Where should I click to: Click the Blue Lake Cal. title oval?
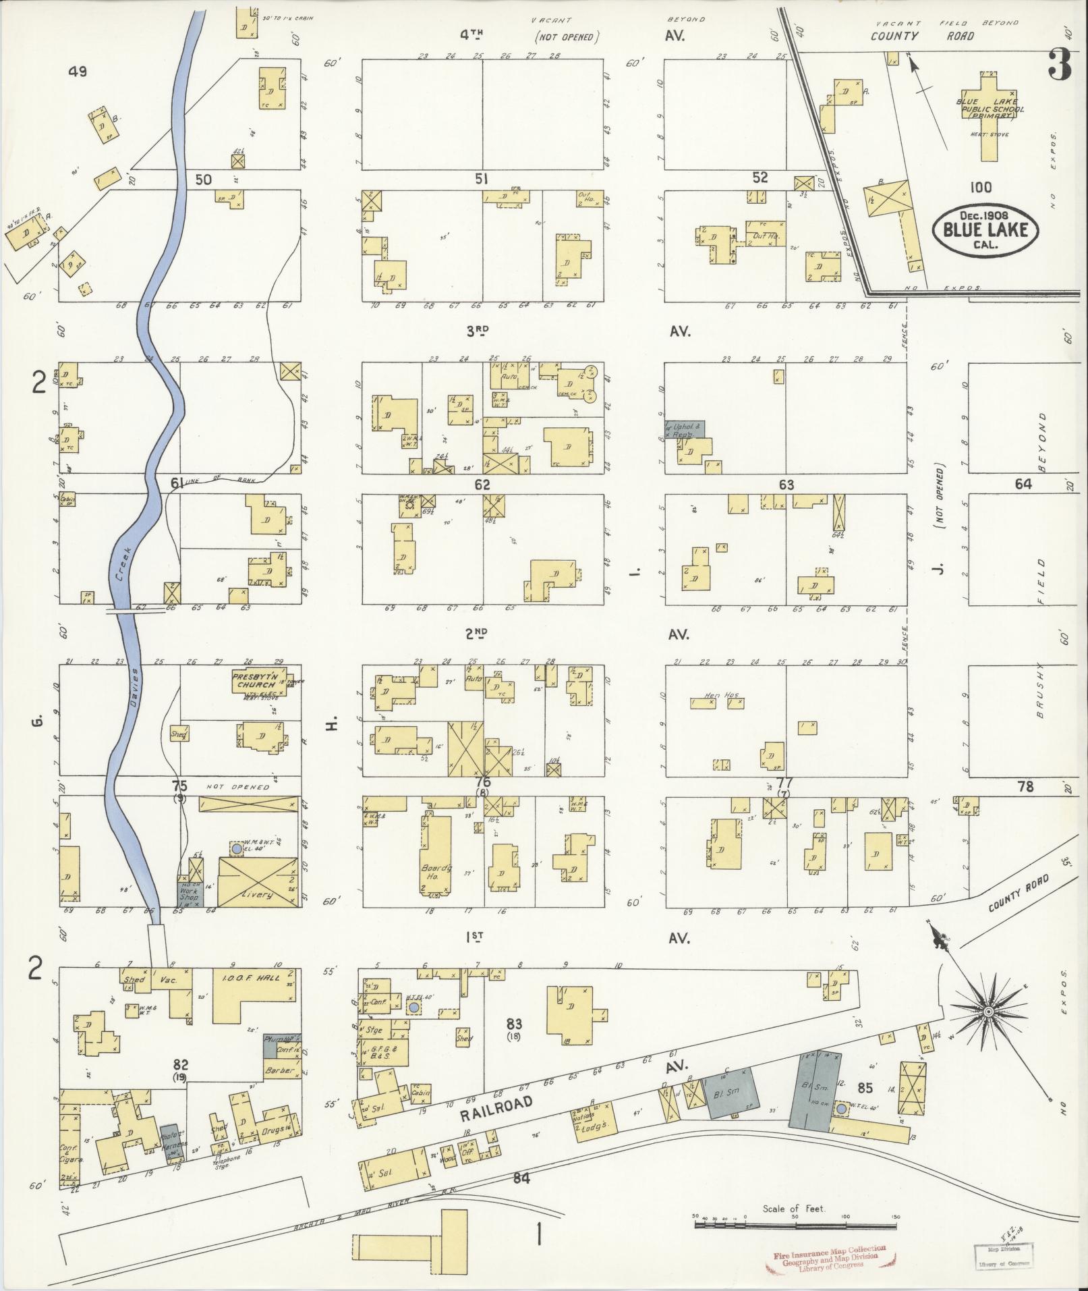[985, 229]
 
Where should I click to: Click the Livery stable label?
[257, 894]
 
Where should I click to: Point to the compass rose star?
[987, 1012]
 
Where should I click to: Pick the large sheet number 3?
[1061, 66]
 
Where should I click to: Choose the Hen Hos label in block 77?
[716, 696]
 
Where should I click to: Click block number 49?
[78, 72]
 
